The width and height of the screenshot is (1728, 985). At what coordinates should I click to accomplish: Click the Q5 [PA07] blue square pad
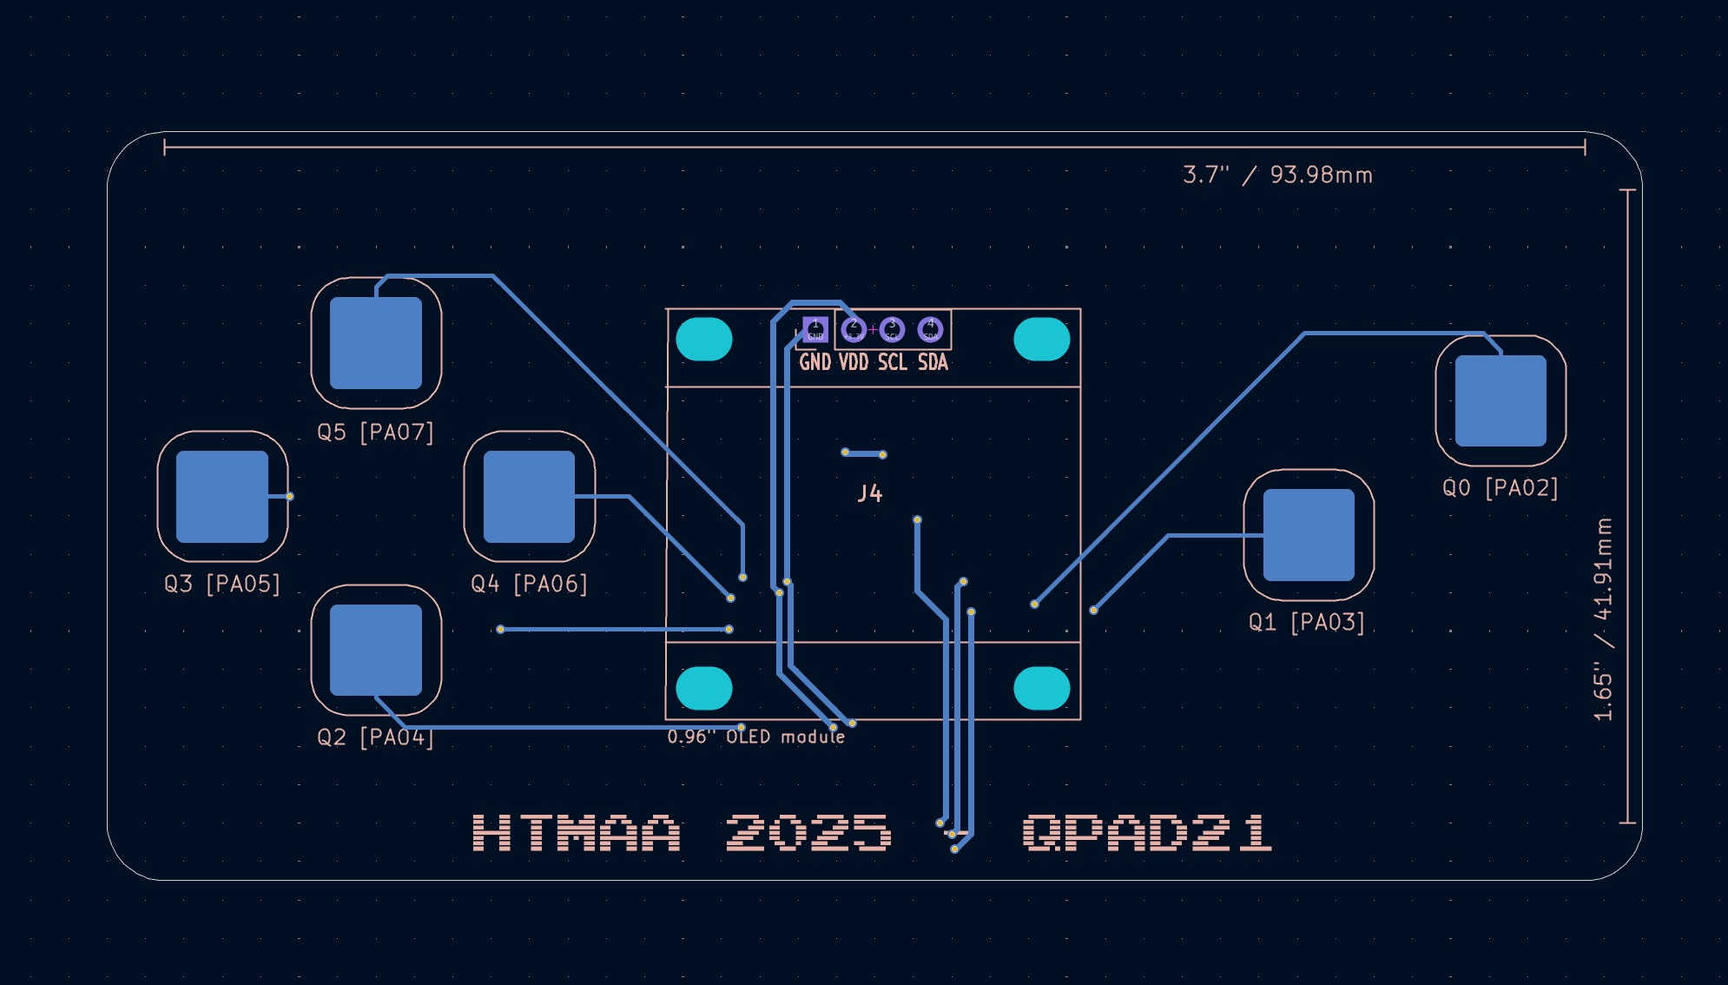point(376,343)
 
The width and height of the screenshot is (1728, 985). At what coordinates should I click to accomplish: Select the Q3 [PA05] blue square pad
point(222,496)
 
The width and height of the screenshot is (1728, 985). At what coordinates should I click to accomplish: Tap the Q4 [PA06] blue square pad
point(529,496)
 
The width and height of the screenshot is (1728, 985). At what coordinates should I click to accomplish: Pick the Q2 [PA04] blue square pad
point(376,650)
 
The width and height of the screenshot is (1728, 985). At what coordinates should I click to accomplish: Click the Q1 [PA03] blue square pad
point(1309,534)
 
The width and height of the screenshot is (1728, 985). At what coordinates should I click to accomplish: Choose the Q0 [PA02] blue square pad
point(1500,400)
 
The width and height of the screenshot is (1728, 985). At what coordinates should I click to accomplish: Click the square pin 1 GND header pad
point(815,330)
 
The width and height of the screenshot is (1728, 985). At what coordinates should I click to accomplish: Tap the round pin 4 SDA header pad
point(930,330)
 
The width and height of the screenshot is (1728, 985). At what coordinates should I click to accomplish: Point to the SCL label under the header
point(893,362)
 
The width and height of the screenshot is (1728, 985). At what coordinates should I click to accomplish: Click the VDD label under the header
point(854,362)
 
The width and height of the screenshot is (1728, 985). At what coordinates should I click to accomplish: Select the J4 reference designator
point(870,494)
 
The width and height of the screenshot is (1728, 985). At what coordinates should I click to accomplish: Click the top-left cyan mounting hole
point(703,339)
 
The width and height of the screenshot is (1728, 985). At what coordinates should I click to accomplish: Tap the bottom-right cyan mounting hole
point(1041,688)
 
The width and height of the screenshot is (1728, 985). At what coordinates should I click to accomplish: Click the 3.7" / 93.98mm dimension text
point(1277,175)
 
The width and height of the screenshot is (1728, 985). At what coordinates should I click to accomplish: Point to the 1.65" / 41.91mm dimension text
point(1603,619)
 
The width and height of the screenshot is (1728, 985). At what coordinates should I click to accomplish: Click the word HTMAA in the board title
point(577,833)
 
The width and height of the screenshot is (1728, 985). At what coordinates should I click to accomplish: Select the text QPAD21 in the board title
point(1147,833)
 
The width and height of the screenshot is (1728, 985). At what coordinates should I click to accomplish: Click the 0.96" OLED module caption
point(755,737)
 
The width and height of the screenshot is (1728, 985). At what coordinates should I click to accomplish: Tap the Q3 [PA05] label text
point(222,584)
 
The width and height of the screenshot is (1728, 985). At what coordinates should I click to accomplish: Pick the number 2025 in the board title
point(808,833)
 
